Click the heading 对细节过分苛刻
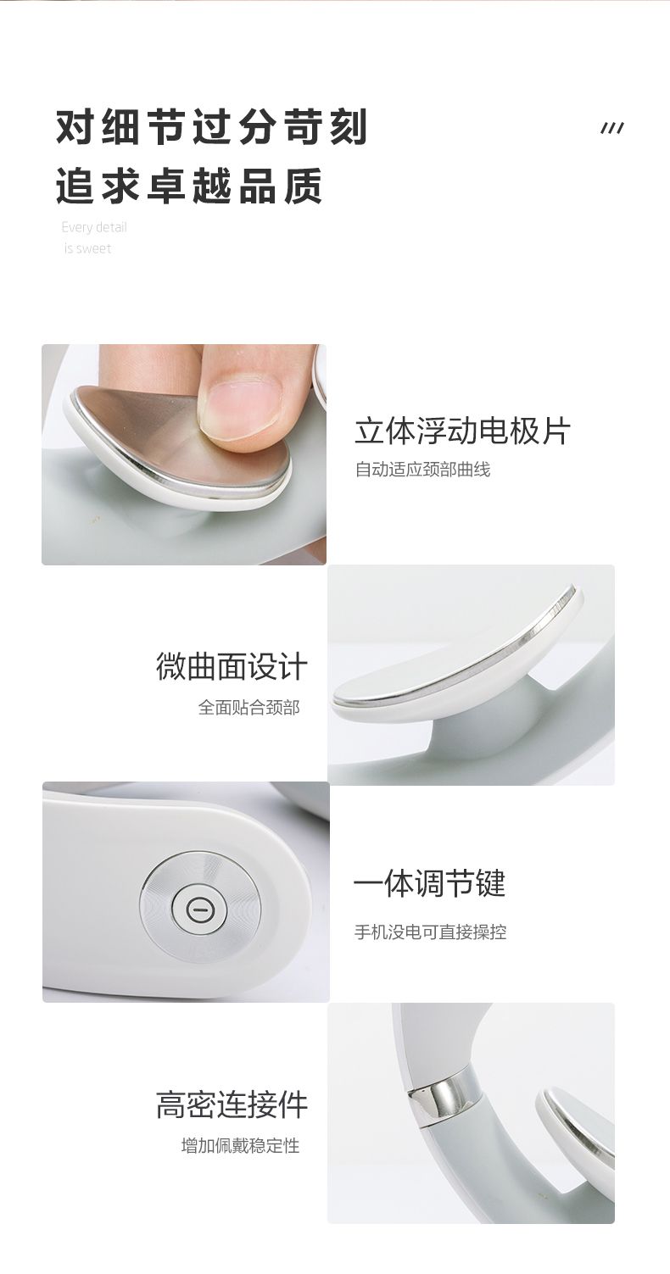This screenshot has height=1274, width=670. pos(212,126)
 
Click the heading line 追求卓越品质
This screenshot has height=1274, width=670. pos(189,186)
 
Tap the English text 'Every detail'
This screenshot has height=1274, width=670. pos(94,227)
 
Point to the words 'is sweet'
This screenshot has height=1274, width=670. pos(87,248)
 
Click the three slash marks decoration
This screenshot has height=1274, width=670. pos(612,129)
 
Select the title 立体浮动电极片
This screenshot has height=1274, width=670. pos(462,431)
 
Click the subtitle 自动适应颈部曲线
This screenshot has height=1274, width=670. pos(422,470)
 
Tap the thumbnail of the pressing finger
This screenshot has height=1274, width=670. pos(184,454)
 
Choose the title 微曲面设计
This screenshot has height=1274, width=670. pos(232,666)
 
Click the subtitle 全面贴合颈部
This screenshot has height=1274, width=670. pos(248,708)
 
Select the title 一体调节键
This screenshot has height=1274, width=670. pos(430,884)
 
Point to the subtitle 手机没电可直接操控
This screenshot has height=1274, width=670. pos(430,932)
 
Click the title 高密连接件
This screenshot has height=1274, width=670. pos(232,1104)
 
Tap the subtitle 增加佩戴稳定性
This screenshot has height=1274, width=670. pos(240,1145)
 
